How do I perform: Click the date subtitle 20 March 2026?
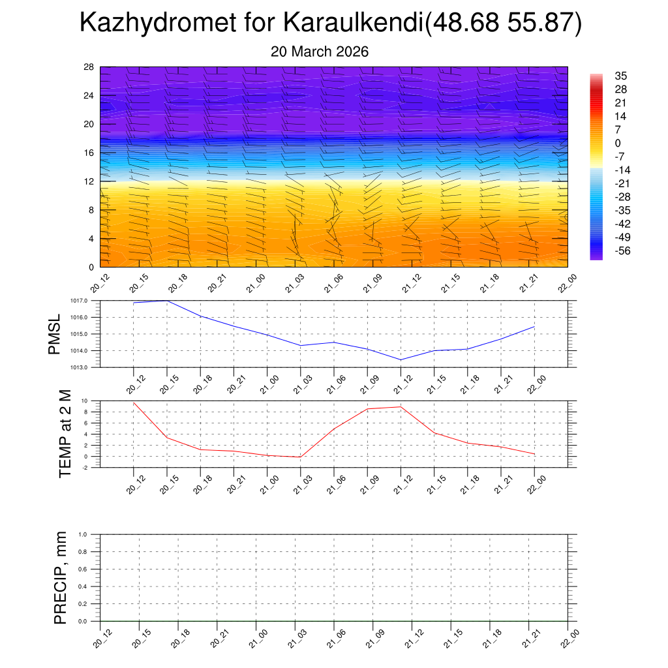(x=320, y=52)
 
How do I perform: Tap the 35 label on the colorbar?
(x=620, y=76)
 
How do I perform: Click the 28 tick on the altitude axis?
(x=89, y=67)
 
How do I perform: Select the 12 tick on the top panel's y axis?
(x=89, y=181)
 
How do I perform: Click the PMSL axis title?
(x=54, y=334)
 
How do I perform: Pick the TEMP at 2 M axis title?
(x=65, y=434)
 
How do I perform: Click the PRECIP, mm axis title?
(x=61, y=578)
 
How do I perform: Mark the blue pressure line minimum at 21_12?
(x=401, y=359)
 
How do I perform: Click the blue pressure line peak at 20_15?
(x=167, y=301)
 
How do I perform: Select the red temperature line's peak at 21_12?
(x=401, y=406)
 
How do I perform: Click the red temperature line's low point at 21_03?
(x=300, y=457)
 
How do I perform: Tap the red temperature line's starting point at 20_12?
(x=134, y=402)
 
